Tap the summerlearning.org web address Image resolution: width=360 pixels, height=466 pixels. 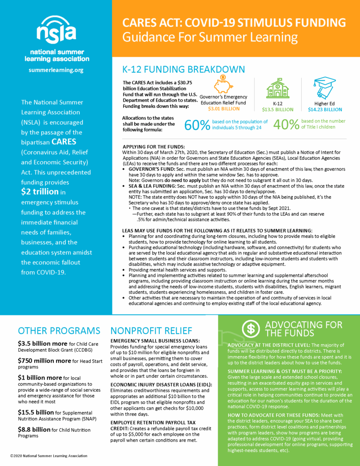pyautogui.click(x=56, y=70)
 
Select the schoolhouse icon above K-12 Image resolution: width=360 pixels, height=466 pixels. pyautogui.click(x=278, y=88)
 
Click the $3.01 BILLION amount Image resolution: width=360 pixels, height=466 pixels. pyautogui.click(x=223, y=109)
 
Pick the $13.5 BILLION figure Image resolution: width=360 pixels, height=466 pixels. pyautogui.click(x=278, y=110)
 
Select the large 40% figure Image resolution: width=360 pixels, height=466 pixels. pyautogui.click(x=286, y=125)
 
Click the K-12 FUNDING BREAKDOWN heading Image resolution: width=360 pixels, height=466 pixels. pyautogui.click(x=184, y=69)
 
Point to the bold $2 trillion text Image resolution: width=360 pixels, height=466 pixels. pyautogui.click(x=40, y=192)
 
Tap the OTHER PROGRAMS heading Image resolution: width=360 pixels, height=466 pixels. pyautogui.click(x=59, y=330)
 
